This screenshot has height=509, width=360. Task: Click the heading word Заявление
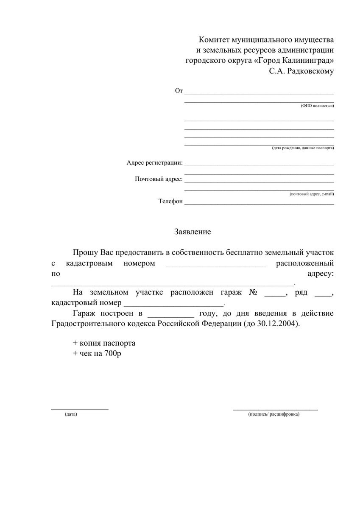193,232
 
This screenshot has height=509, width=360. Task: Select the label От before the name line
179,91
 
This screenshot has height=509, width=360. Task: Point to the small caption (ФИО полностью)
317,105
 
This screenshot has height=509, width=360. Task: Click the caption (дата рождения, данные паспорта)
303,148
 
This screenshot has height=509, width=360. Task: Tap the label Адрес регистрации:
155,163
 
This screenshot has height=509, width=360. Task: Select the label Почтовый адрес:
159,179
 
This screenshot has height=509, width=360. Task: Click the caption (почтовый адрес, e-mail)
312,194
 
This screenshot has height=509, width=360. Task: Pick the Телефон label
170,201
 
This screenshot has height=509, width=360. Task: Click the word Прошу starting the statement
85,253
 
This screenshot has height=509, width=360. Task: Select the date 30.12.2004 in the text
279,324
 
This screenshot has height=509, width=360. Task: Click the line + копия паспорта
104,343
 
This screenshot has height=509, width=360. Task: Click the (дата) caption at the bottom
71,414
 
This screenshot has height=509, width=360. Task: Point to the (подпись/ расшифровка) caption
274,414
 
